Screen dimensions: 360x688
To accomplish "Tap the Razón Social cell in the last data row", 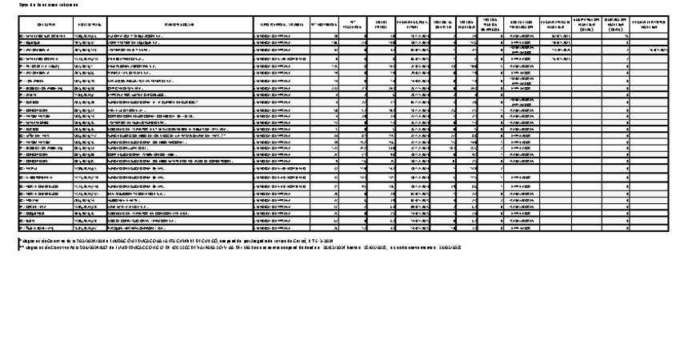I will pos(178,227).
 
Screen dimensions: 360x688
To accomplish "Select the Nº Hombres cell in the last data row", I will pos(323,227).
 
